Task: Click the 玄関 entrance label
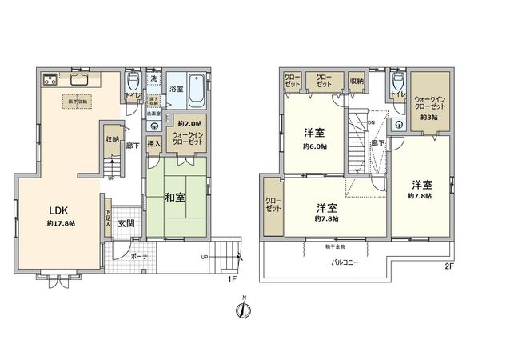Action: [x=126, y=223]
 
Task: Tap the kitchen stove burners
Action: [x=49, y=78]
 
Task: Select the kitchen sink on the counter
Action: [x=81, y=79]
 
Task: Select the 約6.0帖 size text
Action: [x=313, y=146]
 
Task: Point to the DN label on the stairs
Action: [x=370, y=122]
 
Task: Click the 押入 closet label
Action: [x=155, y=145]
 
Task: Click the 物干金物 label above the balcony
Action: [x=324, y=248]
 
